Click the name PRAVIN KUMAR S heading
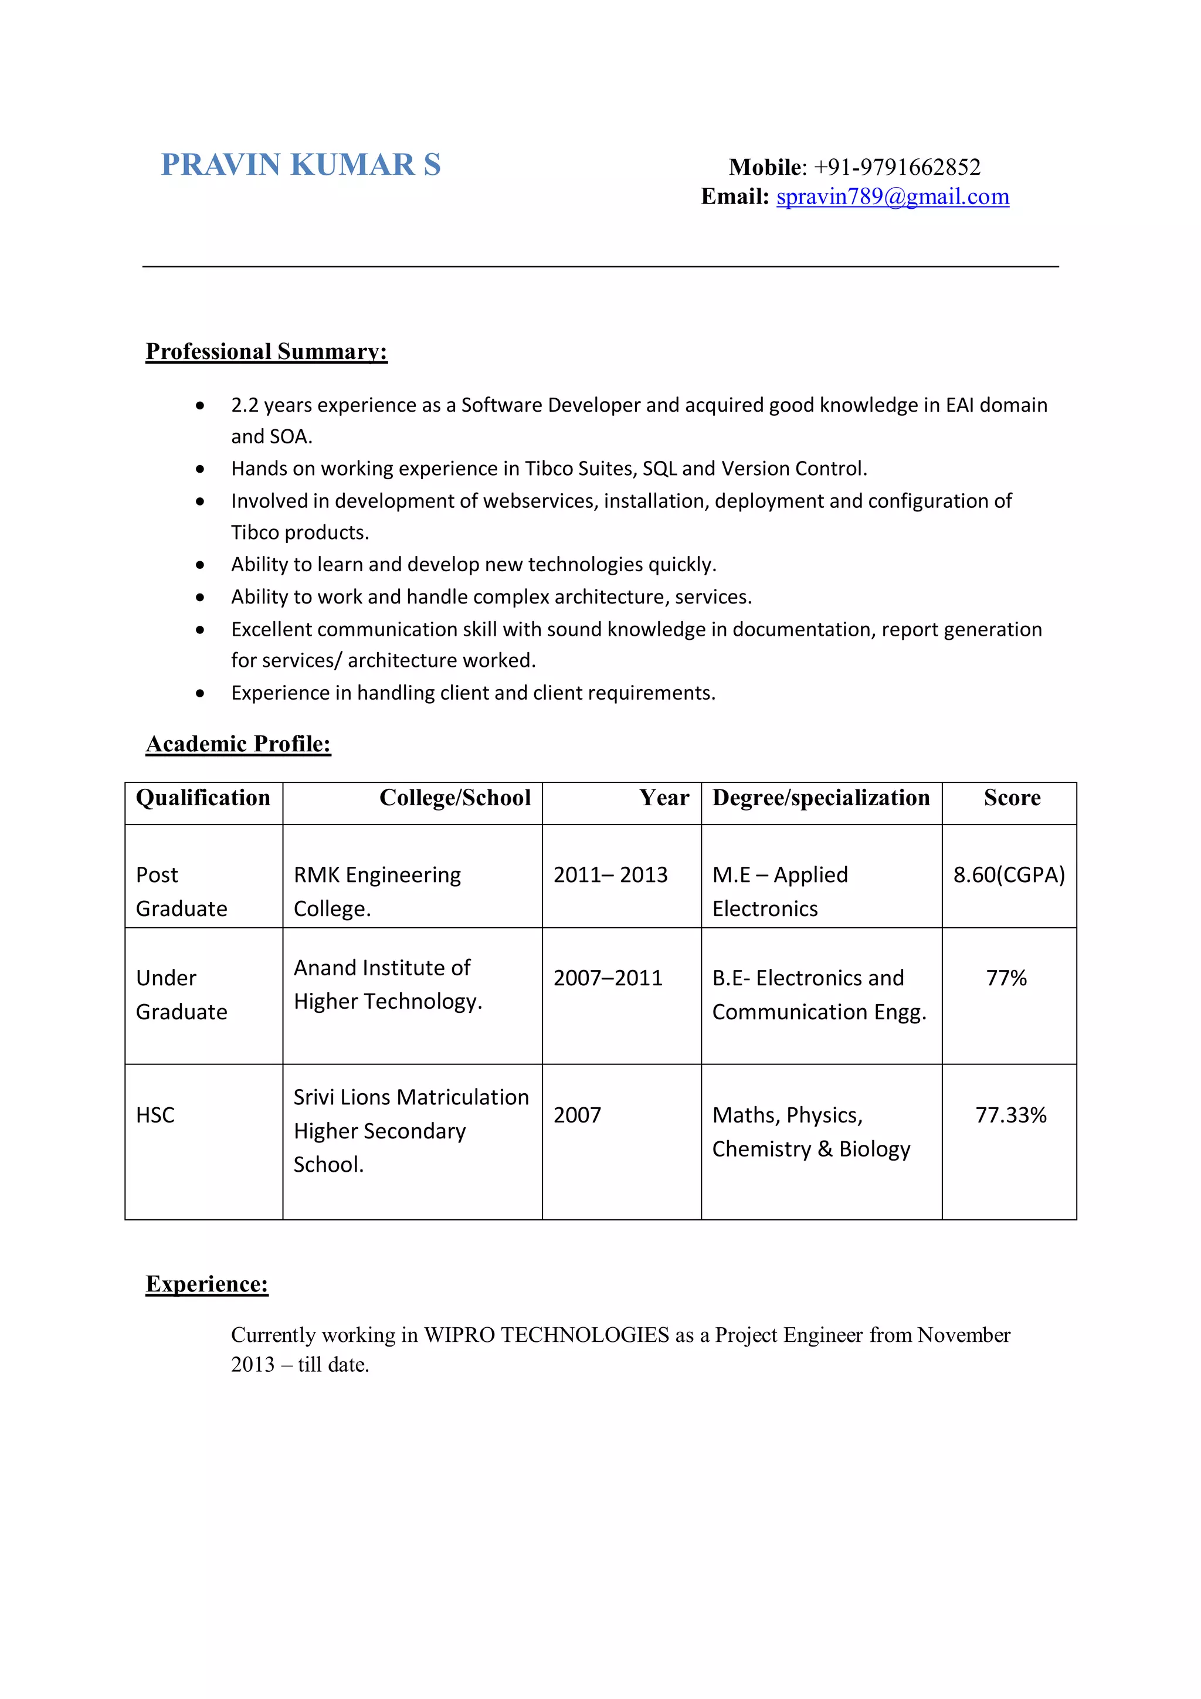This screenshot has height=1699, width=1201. (300, 164)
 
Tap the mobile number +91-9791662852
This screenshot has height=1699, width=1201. (897, 167)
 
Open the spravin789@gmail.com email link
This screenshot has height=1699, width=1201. (893, 197)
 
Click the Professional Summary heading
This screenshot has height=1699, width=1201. (266, 351)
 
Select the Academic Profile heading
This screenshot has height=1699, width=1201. (238, 744)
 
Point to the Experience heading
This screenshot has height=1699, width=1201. (206, 1284)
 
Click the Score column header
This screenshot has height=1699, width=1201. (1012, 798)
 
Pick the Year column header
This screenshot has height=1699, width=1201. (664, 798)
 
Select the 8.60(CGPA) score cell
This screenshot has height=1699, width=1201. (1009, 874)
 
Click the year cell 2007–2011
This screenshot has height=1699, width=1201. (608, 978)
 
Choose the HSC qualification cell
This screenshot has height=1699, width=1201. (155, 1115)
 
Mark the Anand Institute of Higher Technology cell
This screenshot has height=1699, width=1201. (387, 984)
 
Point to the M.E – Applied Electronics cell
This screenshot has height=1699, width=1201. (780, 891)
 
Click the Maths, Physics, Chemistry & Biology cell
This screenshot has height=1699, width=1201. (810, 1132)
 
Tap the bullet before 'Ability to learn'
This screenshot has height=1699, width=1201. (200, 565)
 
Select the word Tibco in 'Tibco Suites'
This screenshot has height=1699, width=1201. (548, 469)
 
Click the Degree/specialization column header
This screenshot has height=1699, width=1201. (820, 798)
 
